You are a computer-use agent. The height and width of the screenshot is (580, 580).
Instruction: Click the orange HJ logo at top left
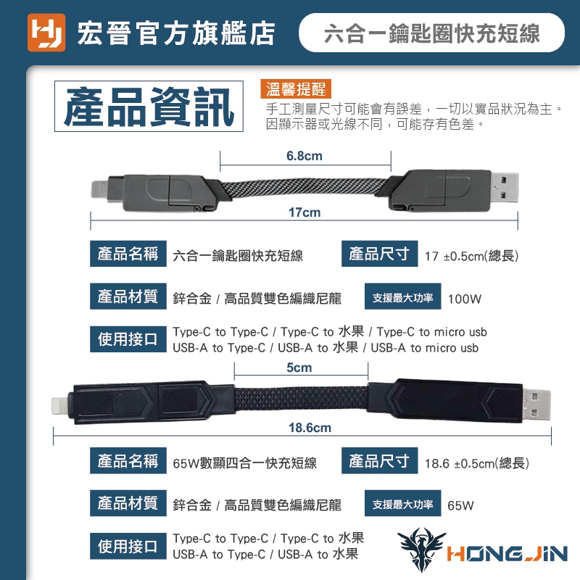46,33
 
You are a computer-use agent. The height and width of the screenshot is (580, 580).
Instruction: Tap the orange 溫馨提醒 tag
296,89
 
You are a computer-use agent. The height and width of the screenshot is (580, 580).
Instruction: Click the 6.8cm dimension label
304,156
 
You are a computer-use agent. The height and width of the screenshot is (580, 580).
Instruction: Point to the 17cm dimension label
304,212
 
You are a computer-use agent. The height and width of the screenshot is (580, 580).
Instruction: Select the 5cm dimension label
299,368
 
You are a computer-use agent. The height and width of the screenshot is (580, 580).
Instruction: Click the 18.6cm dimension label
310,428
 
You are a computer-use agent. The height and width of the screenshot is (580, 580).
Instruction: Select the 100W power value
465,299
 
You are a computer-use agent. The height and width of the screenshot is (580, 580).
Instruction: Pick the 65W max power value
460,505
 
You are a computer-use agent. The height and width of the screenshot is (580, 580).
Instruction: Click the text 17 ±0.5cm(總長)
472,256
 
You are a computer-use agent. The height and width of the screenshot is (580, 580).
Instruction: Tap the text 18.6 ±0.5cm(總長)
477,463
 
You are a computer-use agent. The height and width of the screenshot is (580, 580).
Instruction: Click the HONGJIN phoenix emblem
422,550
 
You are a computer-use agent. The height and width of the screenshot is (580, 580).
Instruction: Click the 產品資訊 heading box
149,107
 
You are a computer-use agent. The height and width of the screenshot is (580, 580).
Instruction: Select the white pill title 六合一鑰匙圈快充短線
431,33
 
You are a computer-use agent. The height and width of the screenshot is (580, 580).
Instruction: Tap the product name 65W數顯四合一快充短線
244,463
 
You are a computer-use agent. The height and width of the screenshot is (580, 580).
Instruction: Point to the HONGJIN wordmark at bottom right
507,554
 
